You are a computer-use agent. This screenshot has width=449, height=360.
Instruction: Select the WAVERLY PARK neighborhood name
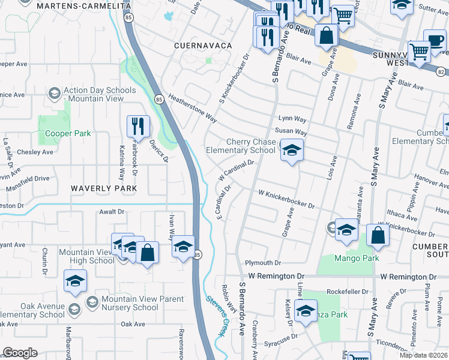[x=103, y=188]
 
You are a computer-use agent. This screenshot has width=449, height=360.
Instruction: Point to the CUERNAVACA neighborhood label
[x=202, y=46]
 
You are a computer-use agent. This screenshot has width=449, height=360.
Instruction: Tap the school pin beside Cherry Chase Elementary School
[x=292, y=151]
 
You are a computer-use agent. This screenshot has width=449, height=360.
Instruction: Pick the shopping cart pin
[x=343, y=15]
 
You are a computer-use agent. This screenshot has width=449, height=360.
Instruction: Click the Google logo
[x=20, y=353]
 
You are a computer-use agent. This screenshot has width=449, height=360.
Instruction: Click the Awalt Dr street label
[x=111, y=212]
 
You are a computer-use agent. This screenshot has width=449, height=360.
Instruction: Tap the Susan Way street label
[x=291, y=131]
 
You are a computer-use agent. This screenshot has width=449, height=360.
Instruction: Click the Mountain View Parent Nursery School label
[x=130, y=304]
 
